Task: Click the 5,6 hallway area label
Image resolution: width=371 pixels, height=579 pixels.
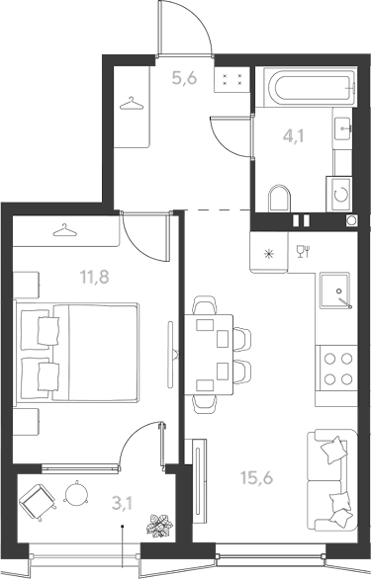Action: [184, 78]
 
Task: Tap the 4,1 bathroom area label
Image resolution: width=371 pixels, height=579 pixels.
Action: [293, 136]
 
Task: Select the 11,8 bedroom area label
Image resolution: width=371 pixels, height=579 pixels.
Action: [95, 277]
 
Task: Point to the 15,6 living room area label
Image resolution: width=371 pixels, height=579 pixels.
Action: [256, 477]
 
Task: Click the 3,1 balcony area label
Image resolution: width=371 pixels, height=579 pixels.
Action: [123, 503]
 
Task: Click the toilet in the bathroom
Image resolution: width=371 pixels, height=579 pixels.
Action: [279, 199]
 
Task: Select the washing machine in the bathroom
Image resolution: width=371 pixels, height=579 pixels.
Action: [338, 194]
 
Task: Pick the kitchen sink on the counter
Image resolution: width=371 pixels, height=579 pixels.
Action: [335, 290]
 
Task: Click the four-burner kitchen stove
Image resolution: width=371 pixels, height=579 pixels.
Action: [336, 369]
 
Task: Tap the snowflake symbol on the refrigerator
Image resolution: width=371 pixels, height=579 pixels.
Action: [268, 253]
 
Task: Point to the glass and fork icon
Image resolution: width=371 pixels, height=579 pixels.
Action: [303, 251]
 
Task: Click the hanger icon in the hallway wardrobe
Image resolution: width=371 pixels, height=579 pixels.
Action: [132, 104]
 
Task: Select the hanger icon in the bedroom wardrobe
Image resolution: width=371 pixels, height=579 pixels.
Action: [65, 229]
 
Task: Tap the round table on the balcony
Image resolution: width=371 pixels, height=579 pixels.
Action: [76, 493]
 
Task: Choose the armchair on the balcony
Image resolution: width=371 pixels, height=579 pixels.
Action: [38, 501]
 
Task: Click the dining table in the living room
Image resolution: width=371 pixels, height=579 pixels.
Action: [209, 355]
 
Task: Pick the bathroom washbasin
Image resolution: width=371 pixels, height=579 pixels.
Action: [342, 128]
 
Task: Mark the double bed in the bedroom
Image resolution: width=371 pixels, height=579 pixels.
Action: [76, 352]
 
